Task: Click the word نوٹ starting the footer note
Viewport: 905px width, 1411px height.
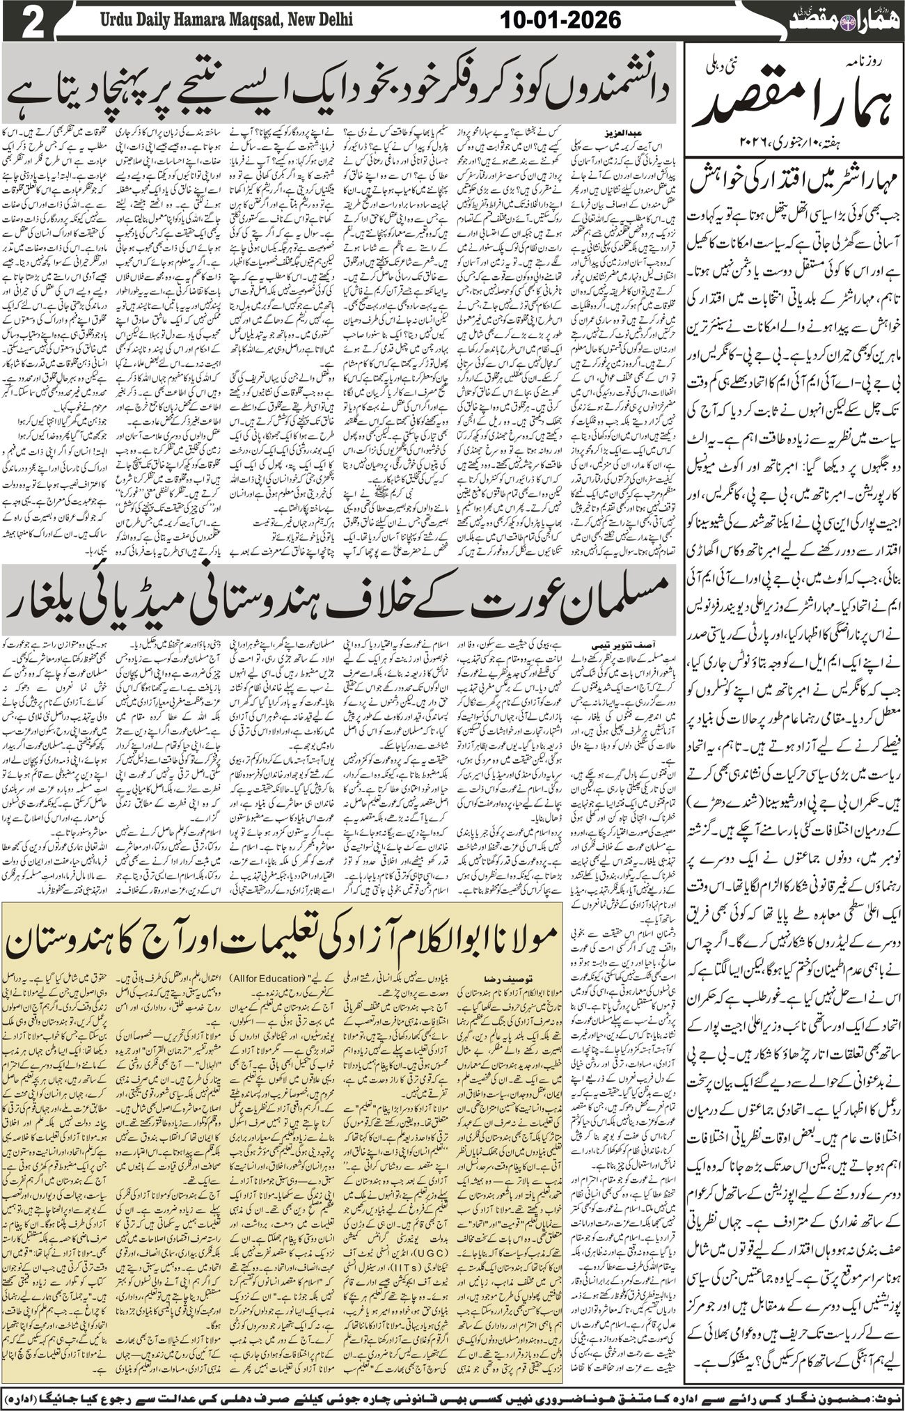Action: pos(888,1396)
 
